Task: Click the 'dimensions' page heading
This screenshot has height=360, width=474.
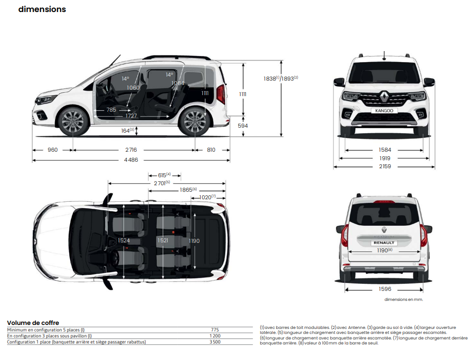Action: coord(42,10)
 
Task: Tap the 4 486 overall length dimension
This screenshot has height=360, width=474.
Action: coord(131,160)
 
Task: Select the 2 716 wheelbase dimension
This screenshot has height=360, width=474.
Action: coord(131,150)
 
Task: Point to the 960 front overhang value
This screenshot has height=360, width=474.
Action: coord(53,150)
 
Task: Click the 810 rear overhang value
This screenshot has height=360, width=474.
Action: coord(211,150)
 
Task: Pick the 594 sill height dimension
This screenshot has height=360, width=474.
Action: coord(243,126)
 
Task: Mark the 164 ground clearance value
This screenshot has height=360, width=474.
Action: coord(128,130)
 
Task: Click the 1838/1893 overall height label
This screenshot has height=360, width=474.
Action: coord(280,78)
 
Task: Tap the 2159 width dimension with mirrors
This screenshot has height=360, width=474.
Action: coord(385,166)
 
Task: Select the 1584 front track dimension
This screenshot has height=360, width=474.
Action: coord(385,150)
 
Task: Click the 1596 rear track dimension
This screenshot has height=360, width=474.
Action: coord(385,289)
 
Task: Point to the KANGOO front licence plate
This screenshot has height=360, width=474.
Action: coord(384,111)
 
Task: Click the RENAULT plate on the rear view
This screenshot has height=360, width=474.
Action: coord(384,243)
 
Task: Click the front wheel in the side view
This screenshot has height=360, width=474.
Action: coord(73,121)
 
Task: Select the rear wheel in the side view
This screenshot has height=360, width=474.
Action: coord(195,122)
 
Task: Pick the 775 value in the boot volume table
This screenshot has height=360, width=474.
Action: coord(215,330)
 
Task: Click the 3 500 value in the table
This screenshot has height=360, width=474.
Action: coord(215,342)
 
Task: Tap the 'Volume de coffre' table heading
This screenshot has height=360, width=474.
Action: coord(33,323)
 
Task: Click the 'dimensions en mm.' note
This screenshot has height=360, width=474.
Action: coord(403,299)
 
